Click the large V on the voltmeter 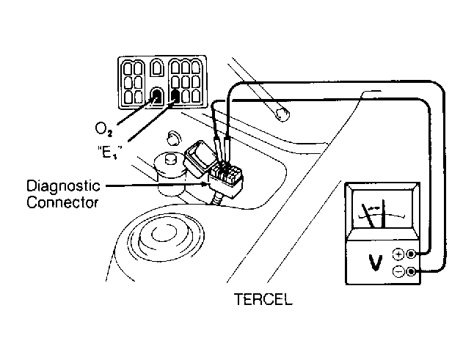tap(376, 262)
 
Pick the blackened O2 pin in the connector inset tap(157, 97)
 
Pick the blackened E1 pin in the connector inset tap(175, 96)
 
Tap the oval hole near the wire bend tap(280, 111)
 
